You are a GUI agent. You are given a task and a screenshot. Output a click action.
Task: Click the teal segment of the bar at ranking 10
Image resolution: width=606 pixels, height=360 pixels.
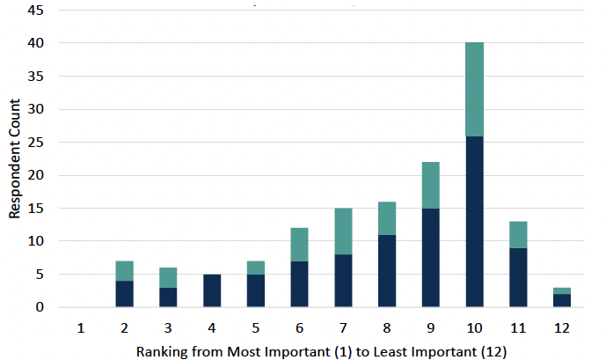[x=474, y=89]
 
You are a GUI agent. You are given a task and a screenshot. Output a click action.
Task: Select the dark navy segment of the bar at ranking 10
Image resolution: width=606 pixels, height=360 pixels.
[x=474, y=221]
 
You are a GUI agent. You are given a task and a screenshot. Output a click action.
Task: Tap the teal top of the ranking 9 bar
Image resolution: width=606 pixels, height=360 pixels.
[x=430, y=185]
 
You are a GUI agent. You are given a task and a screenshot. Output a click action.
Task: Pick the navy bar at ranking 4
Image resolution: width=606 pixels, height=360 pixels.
[x=212, y=290]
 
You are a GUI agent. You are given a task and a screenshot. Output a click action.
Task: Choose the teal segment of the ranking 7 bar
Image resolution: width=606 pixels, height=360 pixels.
[x=343, y=231]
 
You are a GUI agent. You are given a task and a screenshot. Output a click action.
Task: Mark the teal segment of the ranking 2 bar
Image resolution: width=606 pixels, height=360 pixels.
[x=125, y=271]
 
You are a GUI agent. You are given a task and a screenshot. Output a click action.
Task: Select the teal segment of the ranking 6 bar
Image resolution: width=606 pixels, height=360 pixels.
[x=299, y=245]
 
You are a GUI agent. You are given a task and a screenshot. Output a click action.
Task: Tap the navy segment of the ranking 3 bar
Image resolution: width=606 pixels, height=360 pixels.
[x=168, y=297]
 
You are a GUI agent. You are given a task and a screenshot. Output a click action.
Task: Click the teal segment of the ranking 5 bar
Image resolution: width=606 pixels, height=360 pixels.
[x=256, y=268]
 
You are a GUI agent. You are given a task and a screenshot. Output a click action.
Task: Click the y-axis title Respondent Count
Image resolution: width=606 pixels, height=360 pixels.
[x=14, y=159]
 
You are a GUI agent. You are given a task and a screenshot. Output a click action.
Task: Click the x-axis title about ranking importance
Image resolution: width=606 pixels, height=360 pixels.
[x=321, y=349]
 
